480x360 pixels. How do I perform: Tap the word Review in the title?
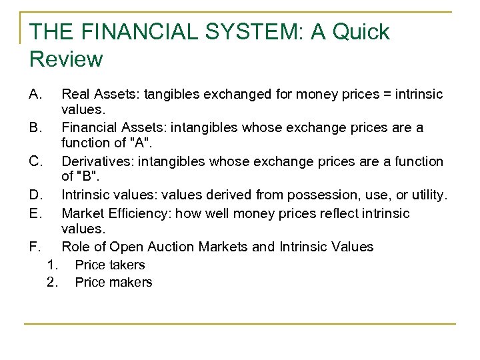point(66,59)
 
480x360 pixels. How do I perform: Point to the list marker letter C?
point(37,161)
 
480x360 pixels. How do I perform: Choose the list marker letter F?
point(36,247)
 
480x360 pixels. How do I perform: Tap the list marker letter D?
point(37,195)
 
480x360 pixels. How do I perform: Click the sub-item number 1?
point(53,265)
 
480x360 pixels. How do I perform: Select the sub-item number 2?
point(53,282)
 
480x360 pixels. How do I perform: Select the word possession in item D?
point(312,195)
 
